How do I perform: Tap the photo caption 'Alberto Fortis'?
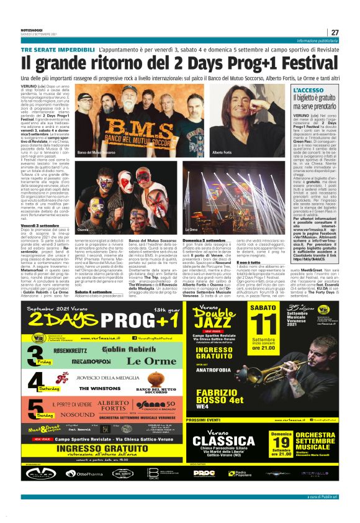(x=221, y=153)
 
